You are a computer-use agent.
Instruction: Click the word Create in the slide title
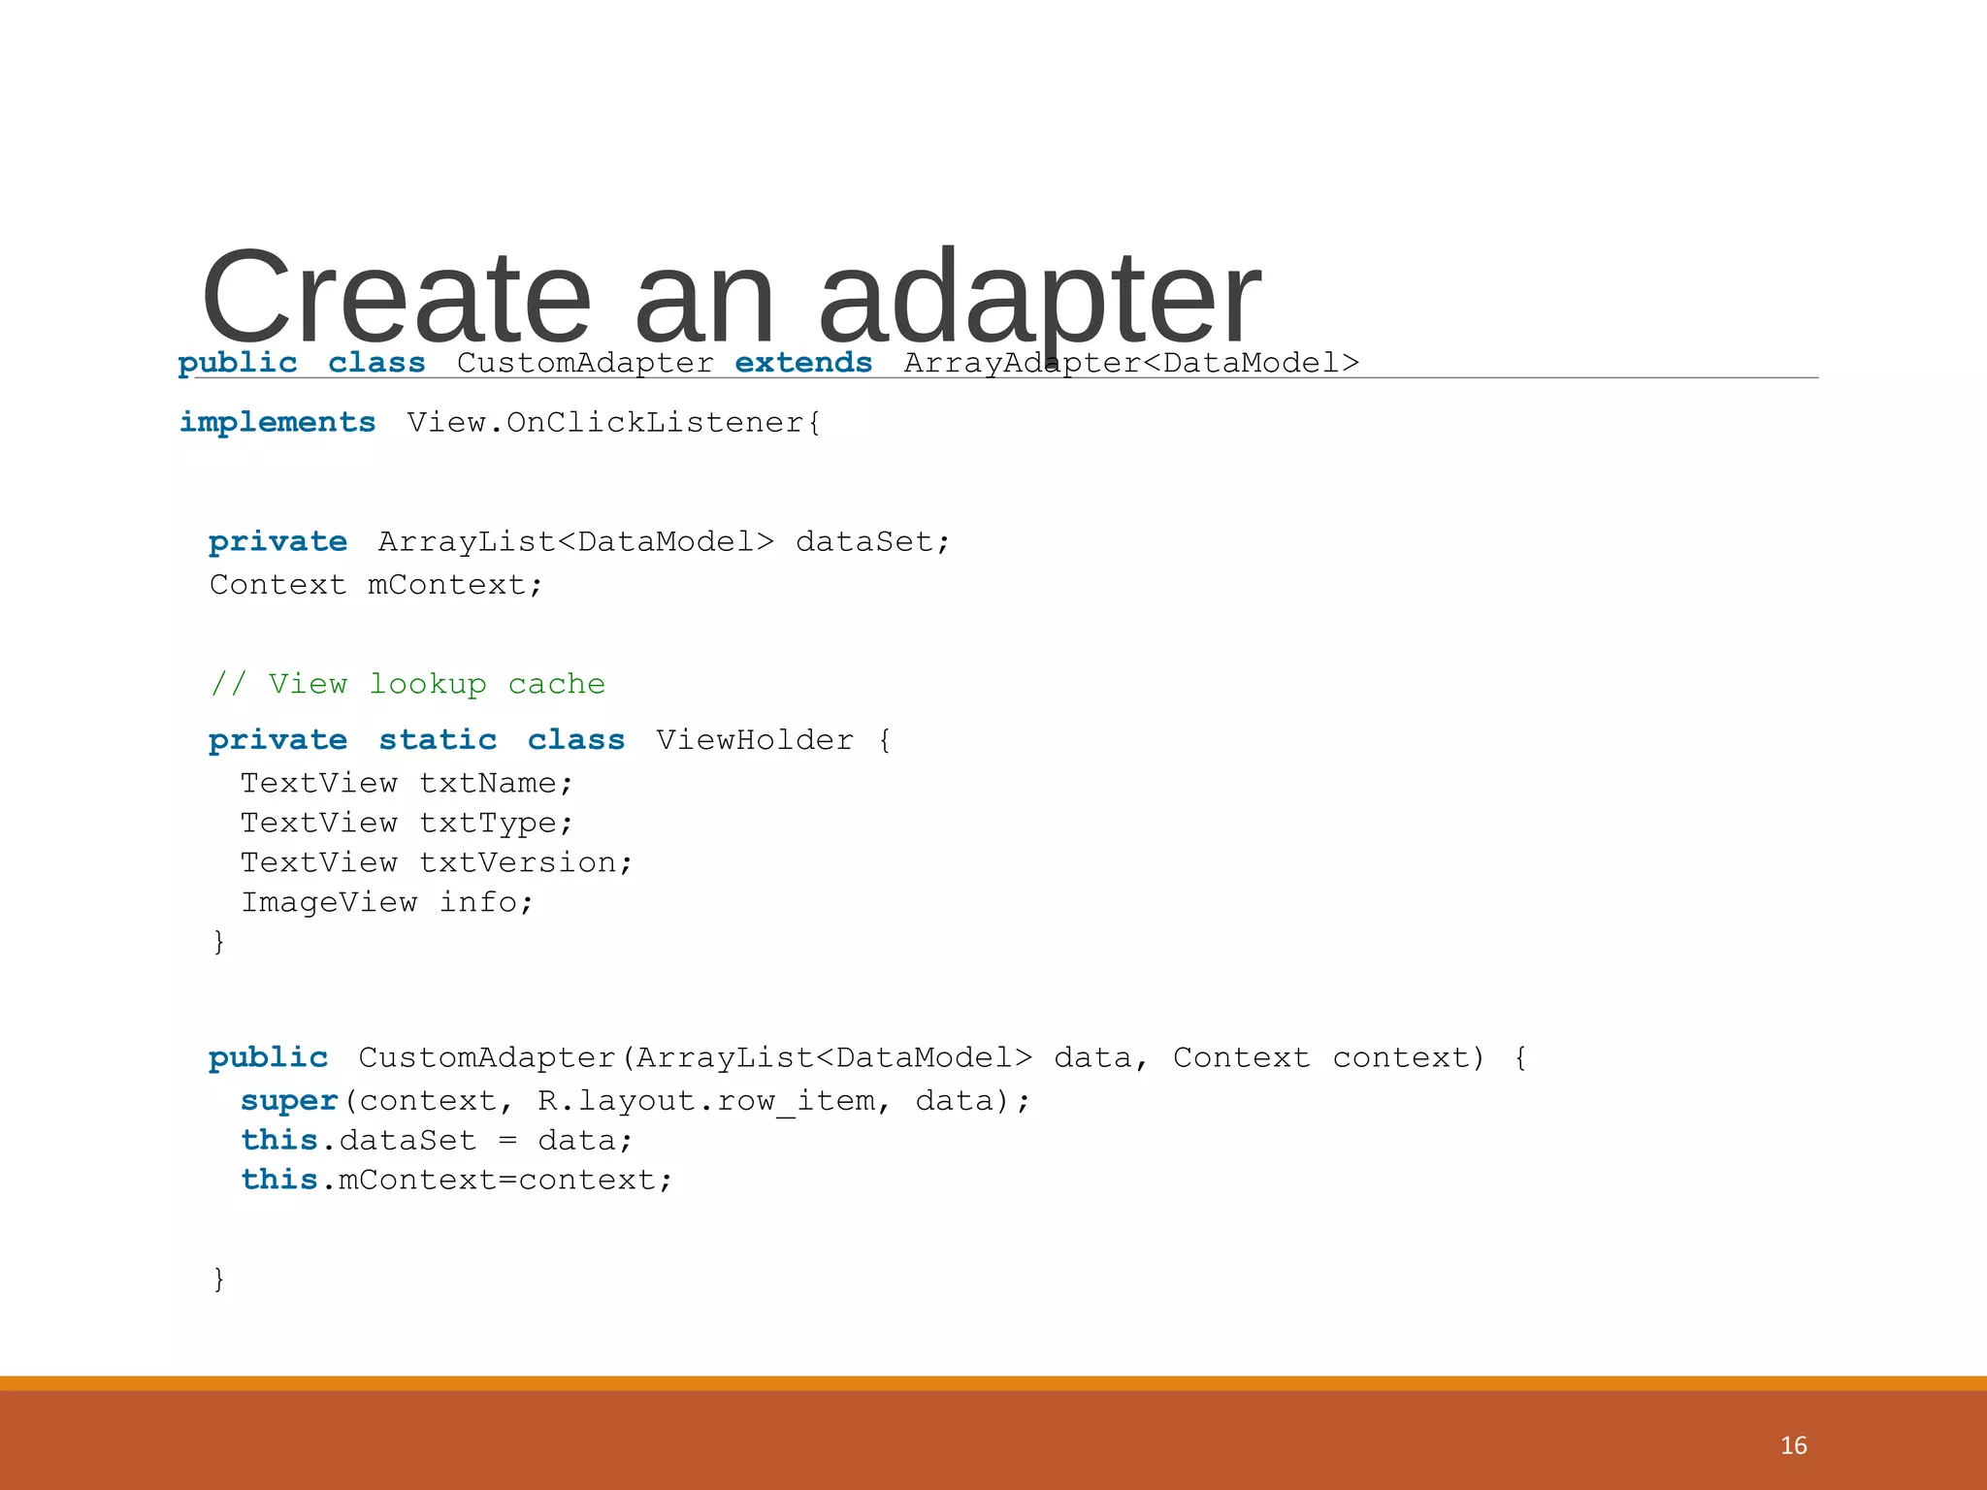396,298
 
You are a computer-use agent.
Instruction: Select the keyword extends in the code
803,363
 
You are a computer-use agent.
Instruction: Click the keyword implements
277,423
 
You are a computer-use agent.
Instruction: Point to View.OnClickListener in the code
613,423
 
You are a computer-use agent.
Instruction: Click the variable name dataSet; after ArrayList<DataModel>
872,542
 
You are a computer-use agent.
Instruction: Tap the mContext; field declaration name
455,585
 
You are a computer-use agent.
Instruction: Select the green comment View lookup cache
407,684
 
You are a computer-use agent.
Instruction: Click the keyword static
438,740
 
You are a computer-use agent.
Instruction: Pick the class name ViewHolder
755,740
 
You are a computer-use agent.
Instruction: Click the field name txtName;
496,783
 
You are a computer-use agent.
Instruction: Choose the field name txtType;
496,823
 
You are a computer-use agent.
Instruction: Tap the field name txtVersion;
526,862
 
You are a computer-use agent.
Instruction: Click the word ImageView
329,902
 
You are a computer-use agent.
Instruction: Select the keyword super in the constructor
289,1101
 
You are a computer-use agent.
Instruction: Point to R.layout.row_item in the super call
706,1101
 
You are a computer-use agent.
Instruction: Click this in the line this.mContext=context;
279,1180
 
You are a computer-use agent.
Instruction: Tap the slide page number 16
1793,1445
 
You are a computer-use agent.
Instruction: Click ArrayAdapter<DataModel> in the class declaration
1131,363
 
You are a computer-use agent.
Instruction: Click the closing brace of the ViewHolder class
219,941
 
